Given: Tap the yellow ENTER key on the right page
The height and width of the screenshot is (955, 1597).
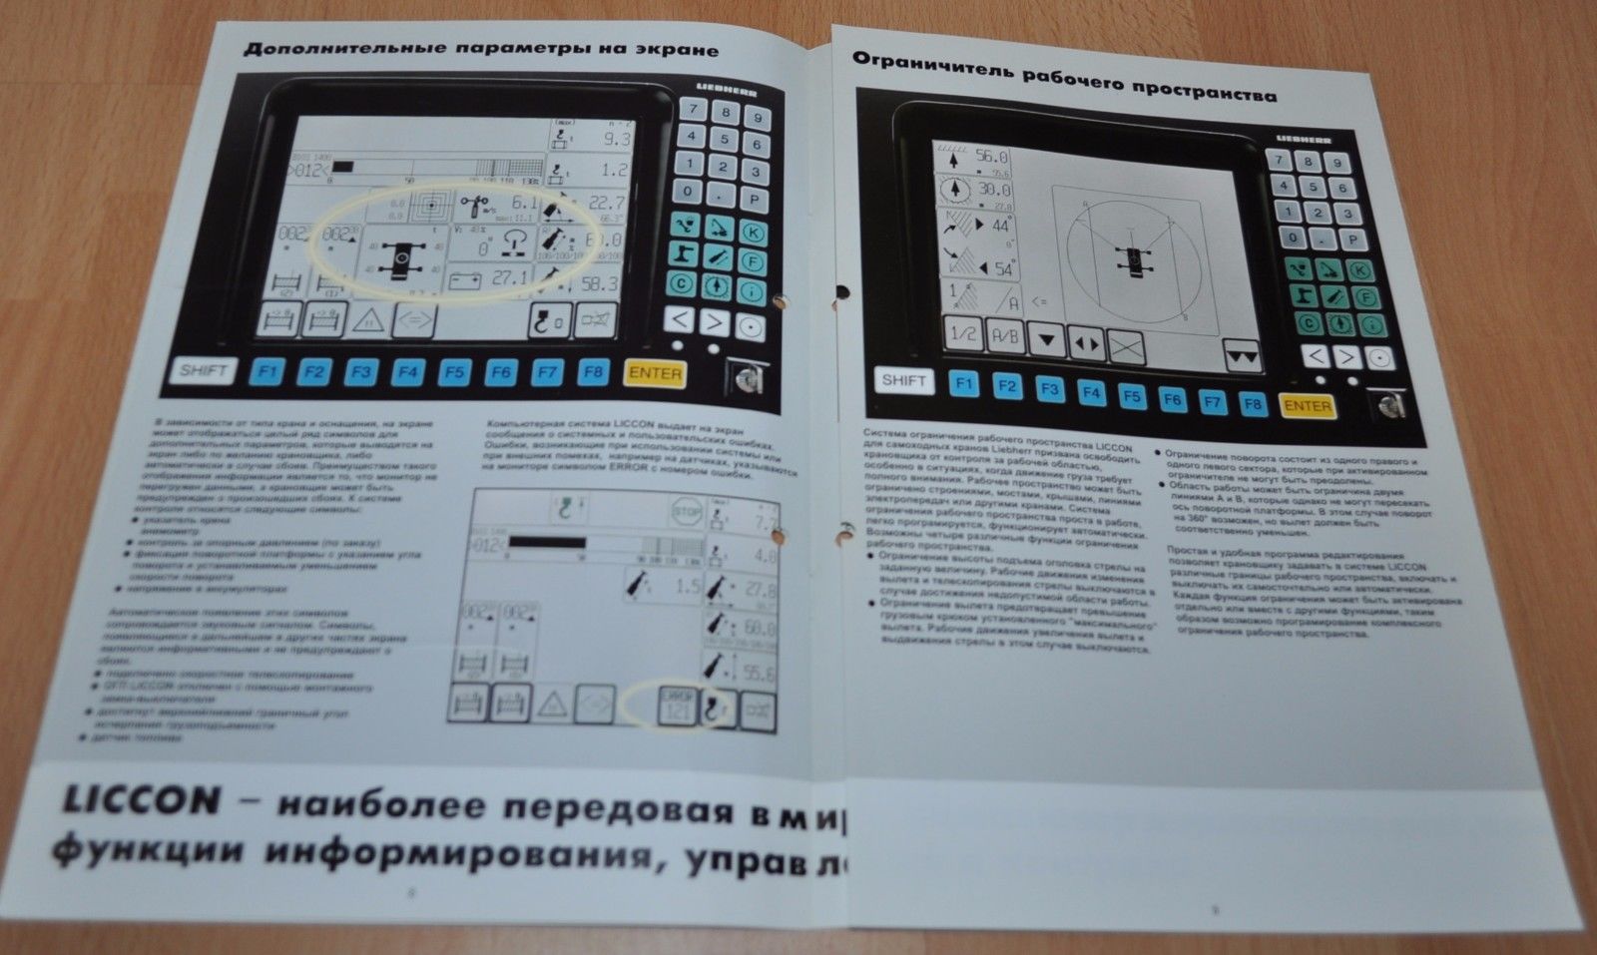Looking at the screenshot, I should point(1306,406).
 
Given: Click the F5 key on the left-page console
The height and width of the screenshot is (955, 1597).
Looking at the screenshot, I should point(453,372).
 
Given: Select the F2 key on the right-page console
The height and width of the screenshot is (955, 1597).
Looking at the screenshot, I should point(1007,386).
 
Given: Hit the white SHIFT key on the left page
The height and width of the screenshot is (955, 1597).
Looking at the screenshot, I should point(204,370).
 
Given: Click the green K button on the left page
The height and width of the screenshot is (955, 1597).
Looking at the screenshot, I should point(755,232).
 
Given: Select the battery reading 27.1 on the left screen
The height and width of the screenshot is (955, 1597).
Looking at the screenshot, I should point(507,278).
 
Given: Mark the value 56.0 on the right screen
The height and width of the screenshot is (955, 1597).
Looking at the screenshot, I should point(990,158).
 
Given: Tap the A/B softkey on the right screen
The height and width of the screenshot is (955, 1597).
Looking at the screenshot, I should point(1003,337).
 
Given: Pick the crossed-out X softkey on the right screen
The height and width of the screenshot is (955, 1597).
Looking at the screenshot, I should point(1125,344).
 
